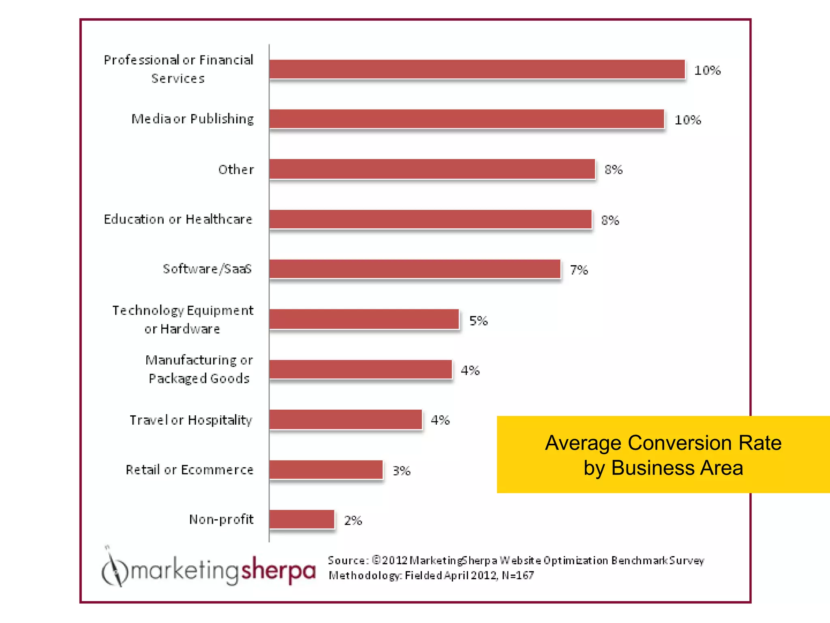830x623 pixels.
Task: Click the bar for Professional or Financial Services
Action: (x=477, y=69)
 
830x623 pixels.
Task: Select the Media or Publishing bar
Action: (x=466, y=119)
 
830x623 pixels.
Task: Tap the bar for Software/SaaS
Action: (x=415, y=269)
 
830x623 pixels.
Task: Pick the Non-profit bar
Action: (x=302, y=519)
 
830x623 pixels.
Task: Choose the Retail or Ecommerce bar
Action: (x=326, y=470)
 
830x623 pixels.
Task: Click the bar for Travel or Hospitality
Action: (x=345, y=419)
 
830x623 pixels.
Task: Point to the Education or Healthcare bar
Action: (x=430, y=219)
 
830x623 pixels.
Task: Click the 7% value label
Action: (x=579, y=270)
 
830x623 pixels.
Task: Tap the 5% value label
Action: (x=478, y=321)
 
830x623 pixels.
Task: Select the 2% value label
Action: (x=353, y=520)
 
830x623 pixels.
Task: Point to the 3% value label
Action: (x=402, y=471)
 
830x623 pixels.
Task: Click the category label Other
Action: (x=236, y=170)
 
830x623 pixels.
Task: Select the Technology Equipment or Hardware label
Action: (x=183, y=320)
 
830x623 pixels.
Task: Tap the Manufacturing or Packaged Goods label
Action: (x=199, y=369)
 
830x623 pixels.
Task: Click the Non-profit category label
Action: (x=221, y=519)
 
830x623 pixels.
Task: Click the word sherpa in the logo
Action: (x=278, y=570)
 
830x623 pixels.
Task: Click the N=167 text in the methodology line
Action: (x=518, y=576)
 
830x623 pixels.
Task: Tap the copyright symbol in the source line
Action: (x=376, y=560)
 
